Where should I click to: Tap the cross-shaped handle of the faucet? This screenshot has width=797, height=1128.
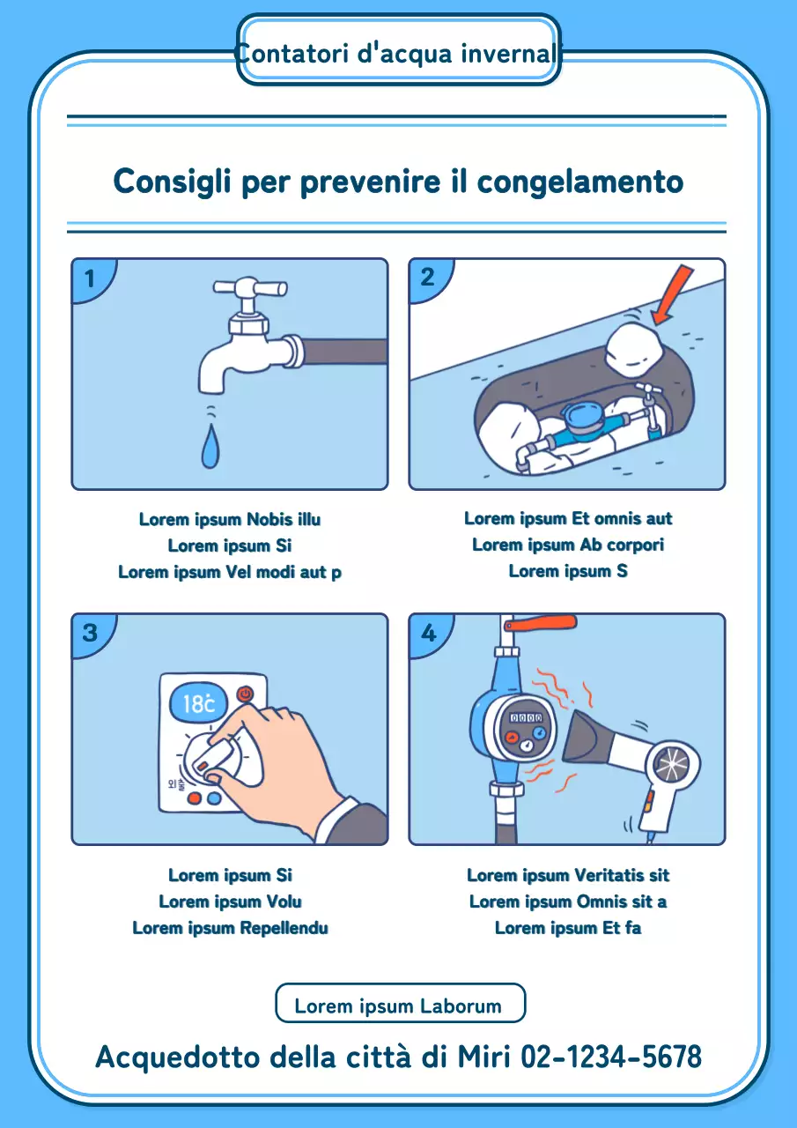click(x=249, y=288)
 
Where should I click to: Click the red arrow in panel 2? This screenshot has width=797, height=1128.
click(x=673, y=293)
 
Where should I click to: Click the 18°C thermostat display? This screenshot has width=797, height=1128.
click(x=199, y=703)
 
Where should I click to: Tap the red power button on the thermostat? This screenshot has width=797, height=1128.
click(x=245, y=694)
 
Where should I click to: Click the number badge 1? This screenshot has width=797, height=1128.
click(x=90, y=278)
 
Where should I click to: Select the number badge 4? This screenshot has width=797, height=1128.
click(x=429, y=633)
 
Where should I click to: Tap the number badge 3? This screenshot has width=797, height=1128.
click(x=90, y=633)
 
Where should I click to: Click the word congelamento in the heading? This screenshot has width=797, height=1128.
click(x=580, y=182)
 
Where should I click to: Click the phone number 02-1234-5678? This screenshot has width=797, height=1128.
click(x=611, y=1056)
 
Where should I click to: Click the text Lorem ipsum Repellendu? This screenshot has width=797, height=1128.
click(x=230, y=928)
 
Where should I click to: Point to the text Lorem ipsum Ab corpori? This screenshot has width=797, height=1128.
click(x=568, y=545)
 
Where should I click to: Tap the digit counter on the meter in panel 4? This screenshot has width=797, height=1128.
click(x=527, y=718)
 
